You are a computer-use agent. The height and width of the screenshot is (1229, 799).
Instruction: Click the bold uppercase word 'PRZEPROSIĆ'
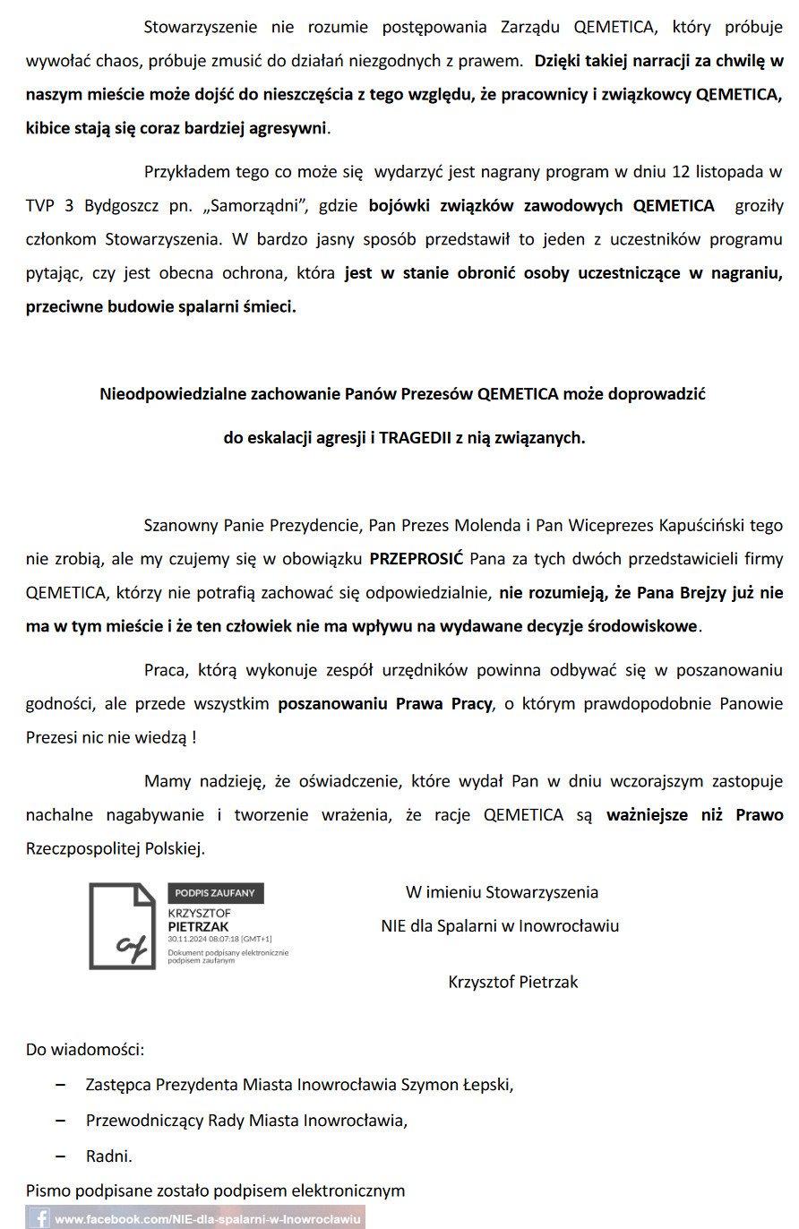click(x=417, y=559)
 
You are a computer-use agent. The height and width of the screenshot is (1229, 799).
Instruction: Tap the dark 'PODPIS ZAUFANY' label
click(x=216, y=892)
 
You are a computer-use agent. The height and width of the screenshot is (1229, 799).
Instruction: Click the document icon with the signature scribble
click(x=122, y=926)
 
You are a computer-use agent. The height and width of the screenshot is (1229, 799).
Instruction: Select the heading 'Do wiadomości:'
click(x=85, y=1049)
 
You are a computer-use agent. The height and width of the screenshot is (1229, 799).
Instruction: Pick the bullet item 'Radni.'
click(x=109, y=1156)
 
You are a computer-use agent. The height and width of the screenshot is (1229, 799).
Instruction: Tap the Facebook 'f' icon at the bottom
click(x=40, y=1218)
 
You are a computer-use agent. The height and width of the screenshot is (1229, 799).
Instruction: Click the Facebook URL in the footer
click(x=207, y=1219)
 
